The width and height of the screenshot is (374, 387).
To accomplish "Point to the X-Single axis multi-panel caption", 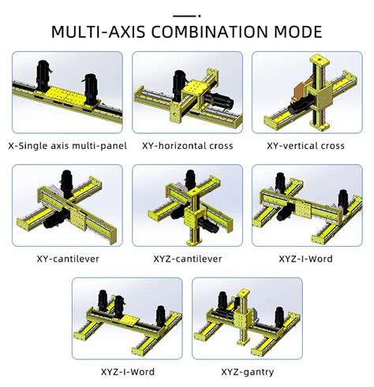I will pos(66,146).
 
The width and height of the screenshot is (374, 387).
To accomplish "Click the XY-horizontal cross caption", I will pos(187,146).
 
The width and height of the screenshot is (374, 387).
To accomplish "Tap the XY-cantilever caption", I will pos(66,258).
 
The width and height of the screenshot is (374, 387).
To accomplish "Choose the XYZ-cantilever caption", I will pos(187,258).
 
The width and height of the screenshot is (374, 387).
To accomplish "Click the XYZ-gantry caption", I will pos(244,371).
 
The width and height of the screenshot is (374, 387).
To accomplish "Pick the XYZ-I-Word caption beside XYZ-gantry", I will pos(127,371).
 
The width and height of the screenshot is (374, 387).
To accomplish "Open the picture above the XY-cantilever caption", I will pos(66,206).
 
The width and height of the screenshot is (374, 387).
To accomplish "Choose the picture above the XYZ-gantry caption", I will pos(244,319).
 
